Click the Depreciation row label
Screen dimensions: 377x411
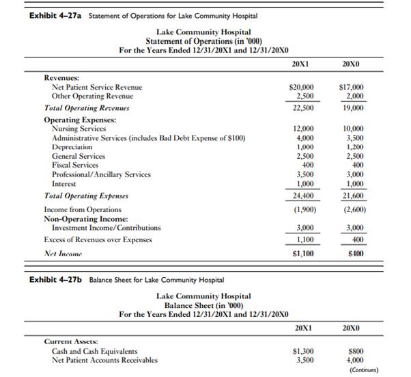pyautogui.click(x=72, y=147)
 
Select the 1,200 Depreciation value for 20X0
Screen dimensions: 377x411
pyautogui.click(x=353, y=147)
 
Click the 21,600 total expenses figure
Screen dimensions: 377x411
pyautogui.click(x=352, y=196)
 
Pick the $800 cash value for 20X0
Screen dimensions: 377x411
pyautogui.click(x=354, y=351)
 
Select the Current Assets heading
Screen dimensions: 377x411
pyautogui.click(x=70, y=340)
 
